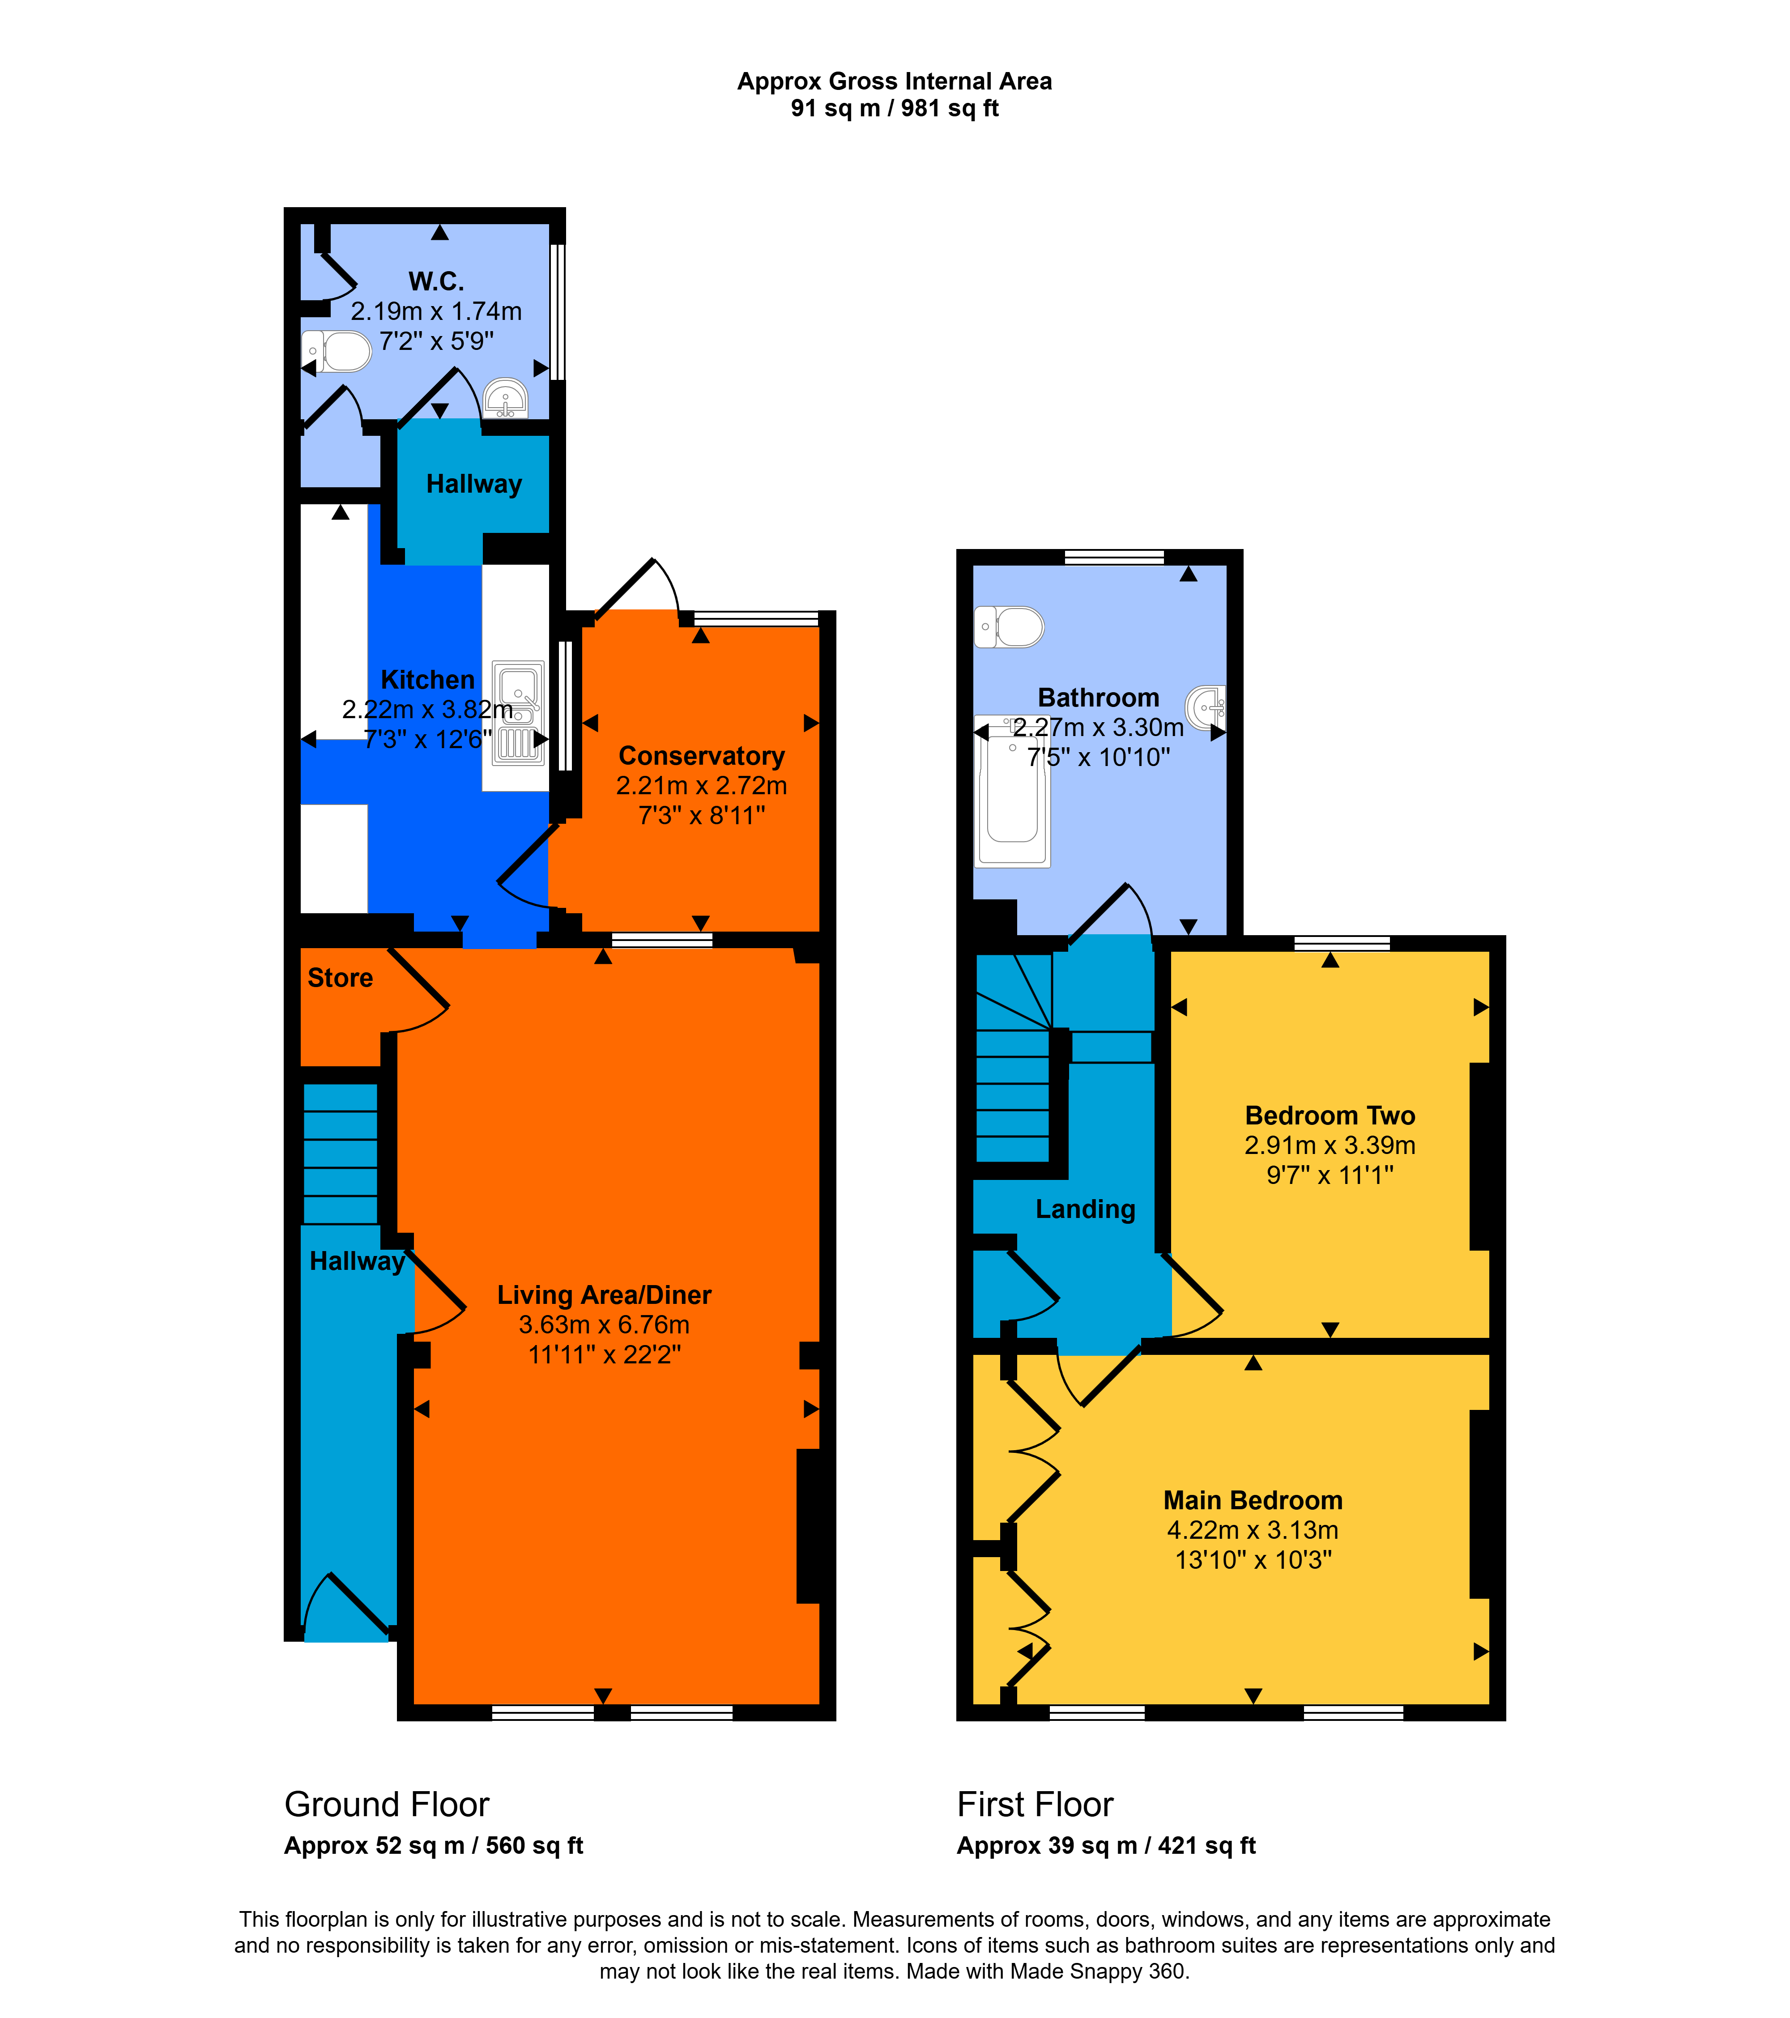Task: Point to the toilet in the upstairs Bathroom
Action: click(1009, 627)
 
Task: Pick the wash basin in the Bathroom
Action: click(1206, 707)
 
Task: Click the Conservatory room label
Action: click(701, 756)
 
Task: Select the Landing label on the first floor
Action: click(1085, 1209)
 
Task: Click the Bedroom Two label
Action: click(1330, 1115)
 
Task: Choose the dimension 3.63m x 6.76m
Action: click(604, 1325)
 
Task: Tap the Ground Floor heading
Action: click(387, 1805)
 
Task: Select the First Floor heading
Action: click(1035, 1805)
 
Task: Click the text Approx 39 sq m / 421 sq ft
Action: click(1106, 1846)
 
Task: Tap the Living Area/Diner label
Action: click(604, 1295)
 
